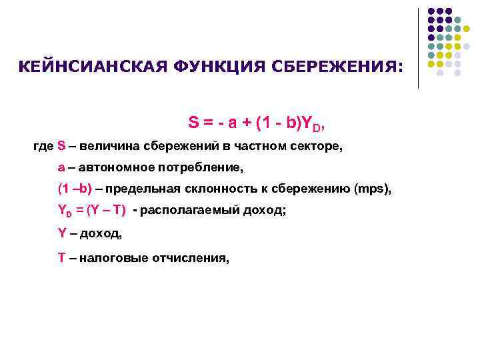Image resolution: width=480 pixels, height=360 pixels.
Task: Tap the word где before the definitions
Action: click(43, 145)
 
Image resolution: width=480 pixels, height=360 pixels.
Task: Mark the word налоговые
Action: click(108, 257)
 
